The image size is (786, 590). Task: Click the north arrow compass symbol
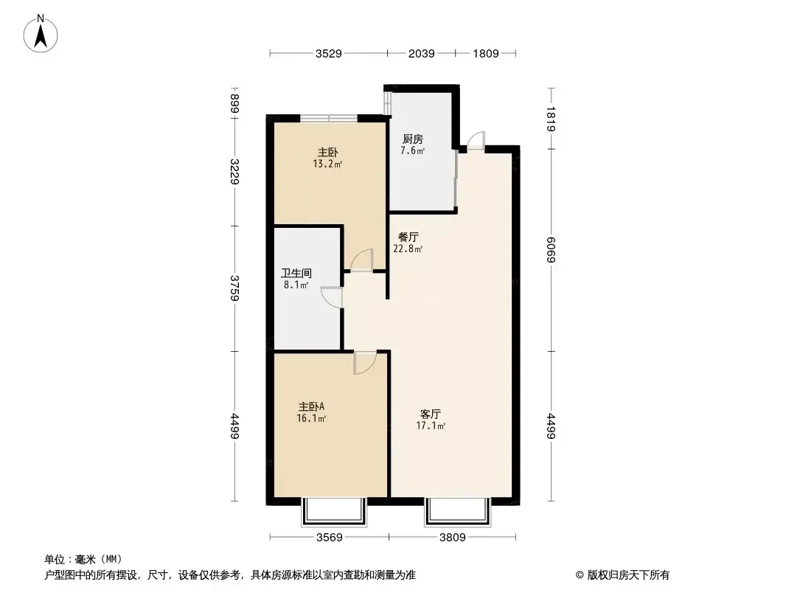[41, 34]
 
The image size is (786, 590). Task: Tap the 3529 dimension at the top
[328, 54]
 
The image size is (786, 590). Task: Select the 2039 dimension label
[421, 54]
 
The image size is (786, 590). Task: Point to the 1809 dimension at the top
[486, 54]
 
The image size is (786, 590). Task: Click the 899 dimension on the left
[234, 104]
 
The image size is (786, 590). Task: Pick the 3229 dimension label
[234, 171]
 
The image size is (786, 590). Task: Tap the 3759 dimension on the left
[234, 288]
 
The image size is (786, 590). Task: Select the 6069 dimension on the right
[551, 249]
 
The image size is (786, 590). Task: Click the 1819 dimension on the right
[551, 119]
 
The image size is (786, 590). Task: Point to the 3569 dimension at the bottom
[330, 538]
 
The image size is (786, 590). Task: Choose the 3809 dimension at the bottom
[452, 538]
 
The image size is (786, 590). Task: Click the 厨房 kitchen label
[413, 139]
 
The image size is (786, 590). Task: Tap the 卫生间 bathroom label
[296, 273]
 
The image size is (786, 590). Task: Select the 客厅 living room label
[431, 414]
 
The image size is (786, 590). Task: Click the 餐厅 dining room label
[408, 237]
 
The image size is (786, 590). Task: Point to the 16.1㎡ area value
[311, 418]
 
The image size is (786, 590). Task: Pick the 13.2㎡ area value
[327, 164]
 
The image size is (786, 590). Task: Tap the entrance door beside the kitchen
[476, 140]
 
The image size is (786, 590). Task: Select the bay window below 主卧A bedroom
[334, 512]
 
